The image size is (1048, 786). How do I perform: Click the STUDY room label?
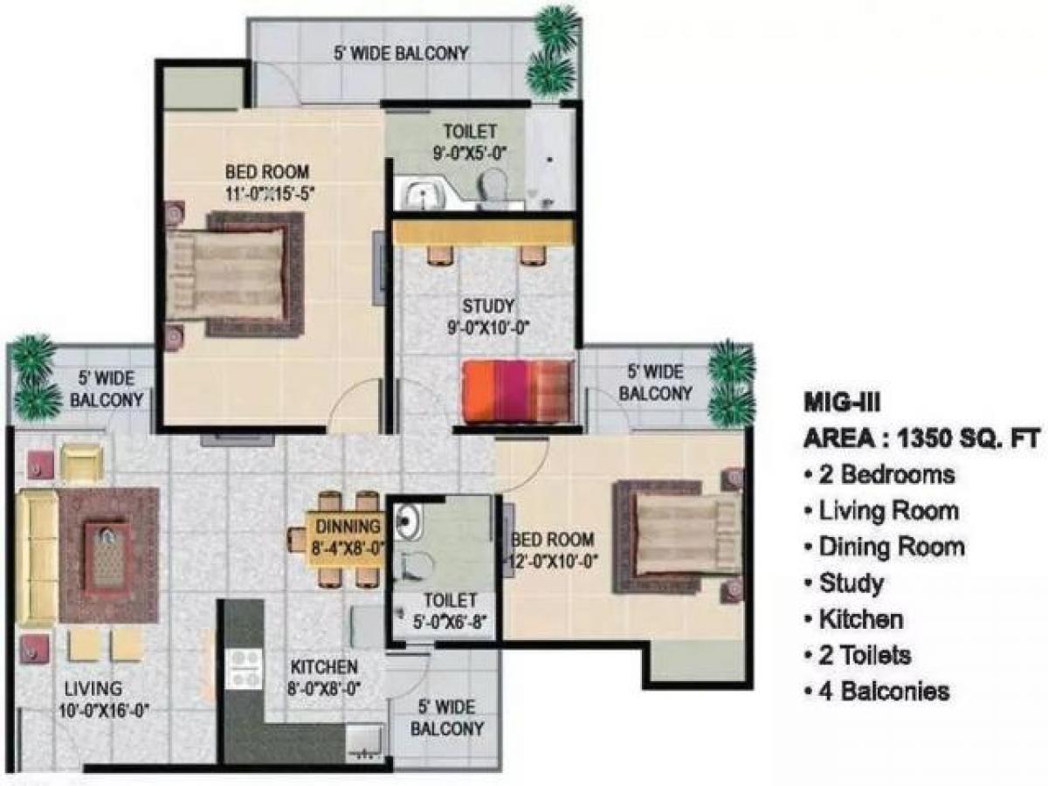487,307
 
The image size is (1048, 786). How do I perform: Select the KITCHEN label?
323,667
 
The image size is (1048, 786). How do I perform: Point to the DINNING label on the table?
347,527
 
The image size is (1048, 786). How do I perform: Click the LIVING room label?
92,689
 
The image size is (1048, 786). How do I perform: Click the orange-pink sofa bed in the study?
516,390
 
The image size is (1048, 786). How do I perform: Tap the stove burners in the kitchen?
243,669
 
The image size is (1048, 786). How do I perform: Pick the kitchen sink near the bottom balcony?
363,740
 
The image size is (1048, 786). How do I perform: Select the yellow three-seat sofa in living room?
37,557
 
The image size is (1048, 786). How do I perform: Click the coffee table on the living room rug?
109,555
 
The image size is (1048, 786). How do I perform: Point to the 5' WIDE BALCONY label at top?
401,53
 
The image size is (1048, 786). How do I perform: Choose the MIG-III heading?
841,403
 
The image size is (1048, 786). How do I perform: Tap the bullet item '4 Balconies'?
882,692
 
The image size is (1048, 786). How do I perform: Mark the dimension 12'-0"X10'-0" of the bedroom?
554,562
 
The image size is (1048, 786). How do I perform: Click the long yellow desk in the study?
483,232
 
